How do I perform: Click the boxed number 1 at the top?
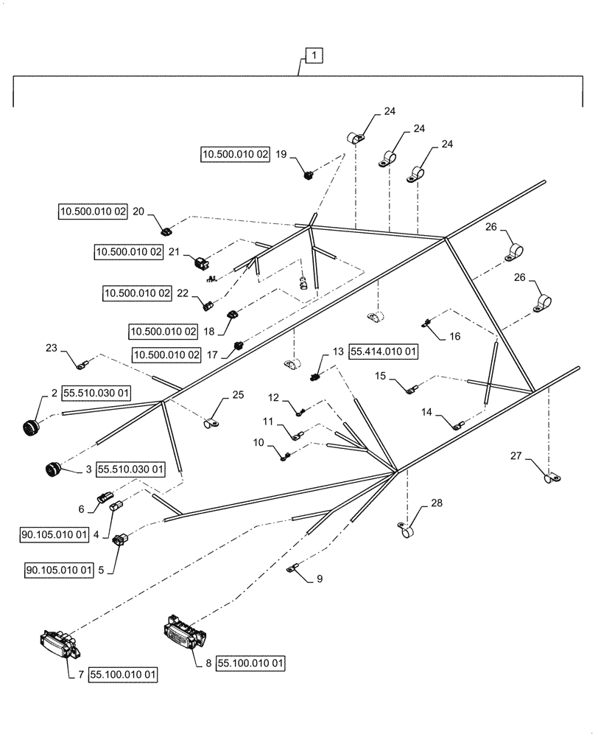click(x=313, y=55)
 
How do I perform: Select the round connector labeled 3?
click(x=54, y=468)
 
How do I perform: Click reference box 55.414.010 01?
click(x=383, y=352)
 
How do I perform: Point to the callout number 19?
click(x=281, y=155)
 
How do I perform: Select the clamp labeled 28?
click(x=406, y=530)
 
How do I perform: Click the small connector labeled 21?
click(x=201, y=261)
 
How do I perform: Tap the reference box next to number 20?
click(x=93, y=212)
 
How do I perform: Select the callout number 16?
click(x=454, y=335)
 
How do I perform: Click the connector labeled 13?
click(x=314, y=376)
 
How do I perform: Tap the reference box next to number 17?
click(x=166, y=354)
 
